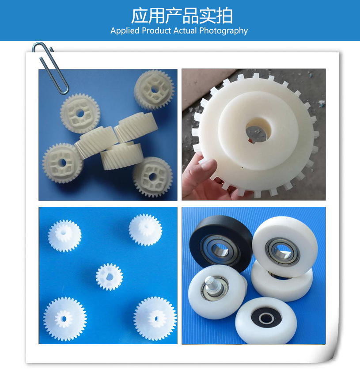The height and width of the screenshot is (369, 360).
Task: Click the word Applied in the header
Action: pyautogui.click(x=125, y=31)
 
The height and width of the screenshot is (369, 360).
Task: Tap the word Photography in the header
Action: pyautogui.click(x=224, y=31)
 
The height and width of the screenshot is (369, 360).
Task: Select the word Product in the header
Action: pyautogui.click(x=156, y=30)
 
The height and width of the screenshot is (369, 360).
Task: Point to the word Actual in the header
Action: pyautogui.click(x=185, y=30)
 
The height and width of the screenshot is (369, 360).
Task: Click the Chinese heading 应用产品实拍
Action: pyautogui.click(x=182, y=16)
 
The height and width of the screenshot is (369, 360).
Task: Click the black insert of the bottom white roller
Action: pyautogui.click(x=266, y=318)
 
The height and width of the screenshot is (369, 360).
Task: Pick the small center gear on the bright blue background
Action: pyautogui.click(x=109, y=277)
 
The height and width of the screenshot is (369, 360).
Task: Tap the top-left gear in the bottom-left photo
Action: pyautogui.click(x=64, y=236)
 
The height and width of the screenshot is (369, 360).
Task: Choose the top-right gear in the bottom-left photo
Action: pyautogui.click(x=145, y=230)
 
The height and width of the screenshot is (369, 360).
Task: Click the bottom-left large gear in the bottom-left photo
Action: pyautogui.click(x=64, y=319)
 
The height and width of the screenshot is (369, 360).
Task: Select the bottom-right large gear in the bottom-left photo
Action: pyautogui.click(x=155, y=319)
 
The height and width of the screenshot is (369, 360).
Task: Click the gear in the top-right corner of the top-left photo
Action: pyautogui.click(x=154, y=90)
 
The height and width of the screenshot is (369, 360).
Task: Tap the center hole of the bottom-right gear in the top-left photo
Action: pyautogui.click(x=152, y=177)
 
